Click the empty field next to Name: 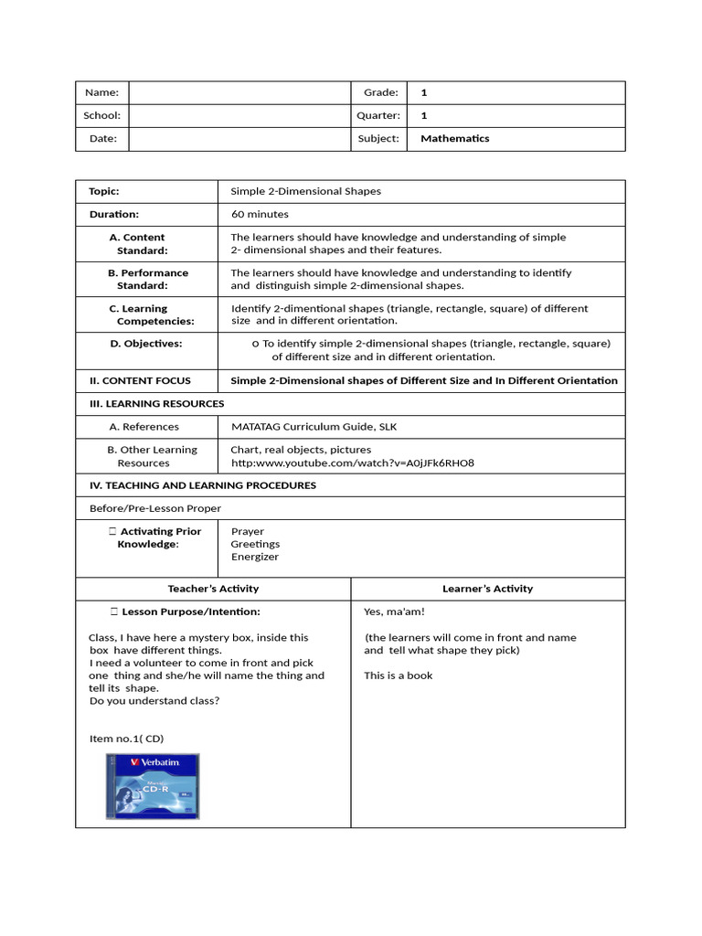239,92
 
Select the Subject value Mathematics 454,139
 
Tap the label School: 101,116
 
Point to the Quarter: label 378,116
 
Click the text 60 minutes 260,215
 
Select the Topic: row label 104,192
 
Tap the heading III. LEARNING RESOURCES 156,404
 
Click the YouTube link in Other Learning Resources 352,463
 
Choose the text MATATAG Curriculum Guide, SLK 314,427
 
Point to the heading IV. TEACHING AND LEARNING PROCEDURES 202,486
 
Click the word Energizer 255,557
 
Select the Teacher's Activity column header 213,589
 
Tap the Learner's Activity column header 487,589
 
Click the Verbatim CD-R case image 153,786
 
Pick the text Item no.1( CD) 126,739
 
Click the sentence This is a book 399,676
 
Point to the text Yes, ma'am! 394,612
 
